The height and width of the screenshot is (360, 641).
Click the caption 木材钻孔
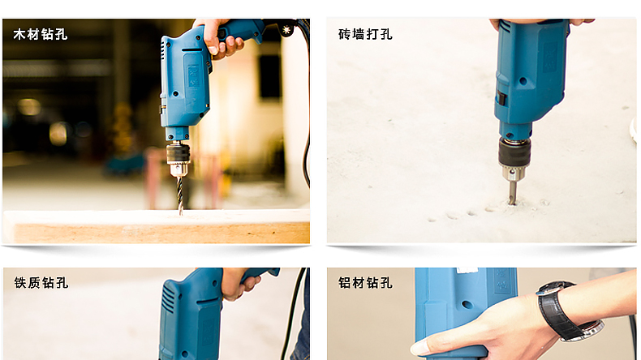tap(40, 34)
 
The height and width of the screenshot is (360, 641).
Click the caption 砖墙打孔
tap(365, 34)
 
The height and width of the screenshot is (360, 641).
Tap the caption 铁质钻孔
tap(41, 283)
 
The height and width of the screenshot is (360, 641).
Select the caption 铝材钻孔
tap(365, 283)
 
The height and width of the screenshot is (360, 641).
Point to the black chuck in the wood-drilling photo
tap(178, 154)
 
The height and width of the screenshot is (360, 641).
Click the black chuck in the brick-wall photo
tap(514, 152)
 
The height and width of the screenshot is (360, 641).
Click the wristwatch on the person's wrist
tap(568, 311)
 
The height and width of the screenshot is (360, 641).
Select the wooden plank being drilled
tap(156, 226)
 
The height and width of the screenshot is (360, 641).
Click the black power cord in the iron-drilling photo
tap(293, 314)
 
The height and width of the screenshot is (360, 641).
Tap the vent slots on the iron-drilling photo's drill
tap(168, 299)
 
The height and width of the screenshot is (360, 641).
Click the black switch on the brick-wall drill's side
tap(501, 98)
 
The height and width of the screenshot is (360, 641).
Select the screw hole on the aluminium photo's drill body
tap(467, 304)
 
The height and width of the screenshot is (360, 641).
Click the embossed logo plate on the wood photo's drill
tap(193, 75)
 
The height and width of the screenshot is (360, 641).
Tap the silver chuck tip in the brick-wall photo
tap(511, 174)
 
